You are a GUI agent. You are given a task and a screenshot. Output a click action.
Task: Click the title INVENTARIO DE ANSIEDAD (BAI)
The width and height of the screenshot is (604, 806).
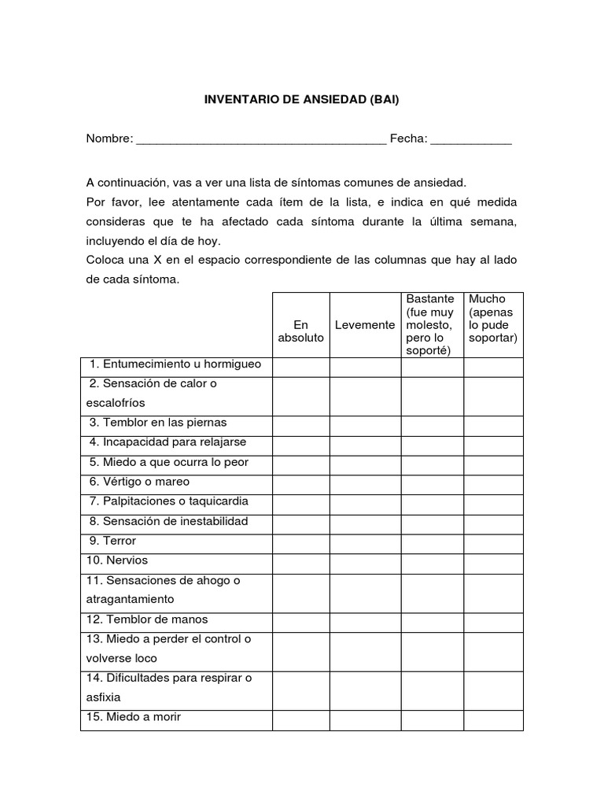pos(302,100)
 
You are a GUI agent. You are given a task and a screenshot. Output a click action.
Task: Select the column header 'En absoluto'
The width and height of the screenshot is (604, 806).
pos(300,331)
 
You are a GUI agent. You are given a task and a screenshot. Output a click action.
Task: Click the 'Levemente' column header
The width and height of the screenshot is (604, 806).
pos(365,325)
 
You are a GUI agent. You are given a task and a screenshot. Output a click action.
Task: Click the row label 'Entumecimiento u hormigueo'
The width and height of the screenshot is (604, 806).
pos(175,364)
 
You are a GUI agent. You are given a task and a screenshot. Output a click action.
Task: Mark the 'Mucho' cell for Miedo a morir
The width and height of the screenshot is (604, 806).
pos(493,719)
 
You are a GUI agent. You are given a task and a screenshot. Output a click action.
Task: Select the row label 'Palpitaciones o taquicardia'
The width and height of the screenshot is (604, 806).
pos(169,501)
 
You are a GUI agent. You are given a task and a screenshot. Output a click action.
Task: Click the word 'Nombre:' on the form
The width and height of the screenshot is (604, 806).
pos(109,139)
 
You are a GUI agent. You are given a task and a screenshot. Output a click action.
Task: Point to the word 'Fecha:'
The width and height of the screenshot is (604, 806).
pos(409,139)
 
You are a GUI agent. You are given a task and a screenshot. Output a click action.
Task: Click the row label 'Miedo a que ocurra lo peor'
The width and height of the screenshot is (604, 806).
pos(169,462)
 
